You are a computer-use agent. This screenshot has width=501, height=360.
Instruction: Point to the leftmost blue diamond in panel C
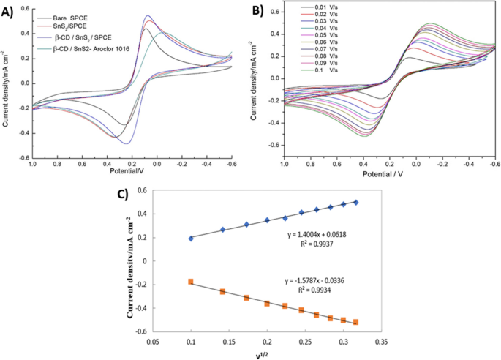pos(192,239)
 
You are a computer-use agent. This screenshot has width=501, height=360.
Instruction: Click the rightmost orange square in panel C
pos(356,322)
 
